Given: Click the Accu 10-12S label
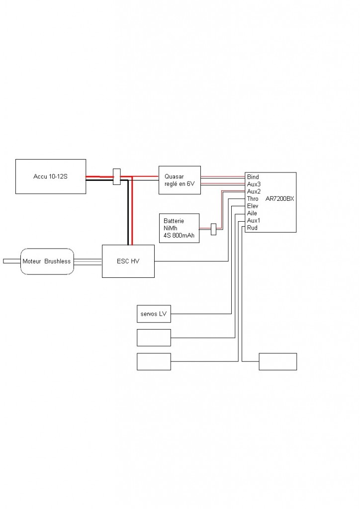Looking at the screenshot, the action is (x=50, y=177).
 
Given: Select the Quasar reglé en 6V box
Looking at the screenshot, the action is (x=180, y=180).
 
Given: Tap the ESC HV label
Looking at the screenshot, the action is (x=128, y=261).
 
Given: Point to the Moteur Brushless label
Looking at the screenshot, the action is (x=46, y=261).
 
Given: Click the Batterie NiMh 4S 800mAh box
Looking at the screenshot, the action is (x=179, y=228).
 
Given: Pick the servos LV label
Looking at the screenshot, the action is (x=154, y=314).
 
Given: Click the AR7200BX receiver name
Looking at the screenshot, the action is (x=279, y=199).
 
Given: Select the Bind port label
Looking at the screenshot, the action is (x=253, y=177).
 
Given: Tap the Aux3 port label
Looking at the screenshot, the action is (x=254, y=184).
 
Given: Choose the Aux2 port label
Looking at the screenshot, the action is (x=254, y=191).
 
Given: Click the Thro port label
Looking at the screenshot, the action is (x=253, y=199).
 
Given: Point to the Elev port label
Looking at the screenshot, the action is (x=253, y=206).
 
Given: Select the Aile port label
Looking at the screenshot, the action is (x=252, y=213).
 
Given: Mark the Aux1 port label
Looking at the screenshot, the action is (x=254, y=221).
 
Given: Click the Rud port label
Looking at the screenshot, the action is (x=252, y=228).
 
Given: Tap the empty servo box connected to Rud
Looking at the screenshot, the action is (x=278, y=361).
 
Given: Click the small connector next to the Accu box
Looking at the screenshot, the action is (x=116, y=177).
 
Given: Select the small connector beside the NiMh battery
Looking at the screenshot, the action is (x=214, y=229).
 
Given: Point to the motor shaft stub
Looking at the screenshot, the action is (x=12, y=261).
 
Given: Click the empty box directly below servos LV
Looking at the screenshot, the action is (x=154, y=338).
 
